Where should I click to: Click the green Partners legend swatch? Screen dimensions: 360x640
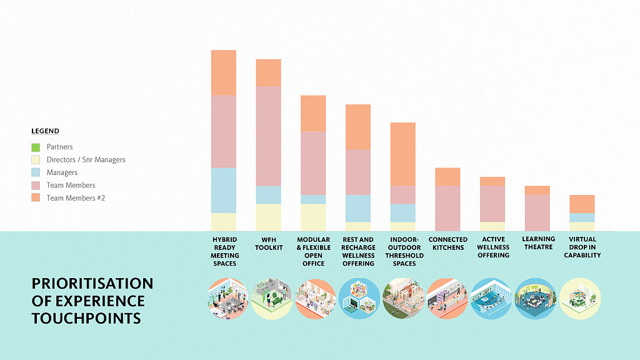[36, 147]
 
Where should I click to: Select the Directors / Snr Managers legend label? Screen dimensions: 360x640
[86, 160]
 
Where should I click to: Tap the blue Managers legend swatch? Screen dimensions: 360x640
[36, 172]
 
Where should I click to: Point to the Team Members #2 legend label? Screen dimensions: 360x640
[73, 198]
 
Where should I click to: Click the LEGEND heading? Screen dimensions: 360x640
[45, 131]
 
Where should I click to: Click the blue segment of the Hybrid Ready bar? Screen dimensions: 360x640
[224, 190]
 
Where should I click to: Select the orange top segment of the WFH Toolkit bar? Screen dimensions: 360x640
[268, 72]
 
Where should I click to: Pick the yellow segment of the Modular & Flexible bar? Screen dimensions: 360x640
[313, 217]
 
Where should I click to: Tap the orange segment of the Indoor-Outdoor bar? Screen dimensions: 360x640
[402, 154]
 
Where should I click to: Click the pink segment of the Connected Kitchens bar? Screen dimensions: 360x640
[447, 208]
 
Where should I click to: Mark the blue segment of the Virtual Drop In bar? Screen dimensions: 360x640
[582, 217]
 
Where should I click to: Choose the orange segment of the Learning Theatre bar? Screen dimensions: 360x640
[537, 190]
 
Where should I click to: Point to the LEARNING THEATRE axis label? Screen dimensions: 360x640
[538, 243]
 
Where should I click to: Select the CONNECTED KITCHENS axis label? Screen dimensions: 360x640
[448, 243]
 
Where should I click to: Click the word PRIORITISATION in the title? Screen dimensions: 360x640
[92, 284]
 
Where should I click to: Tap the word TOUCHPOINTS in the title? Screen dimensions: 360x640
[86, 319]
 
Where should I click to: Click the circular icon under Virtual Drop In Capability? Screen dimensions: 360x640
[580, 299]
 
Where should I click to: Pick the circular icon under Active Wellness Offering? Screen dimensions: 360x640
[491, 299]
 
